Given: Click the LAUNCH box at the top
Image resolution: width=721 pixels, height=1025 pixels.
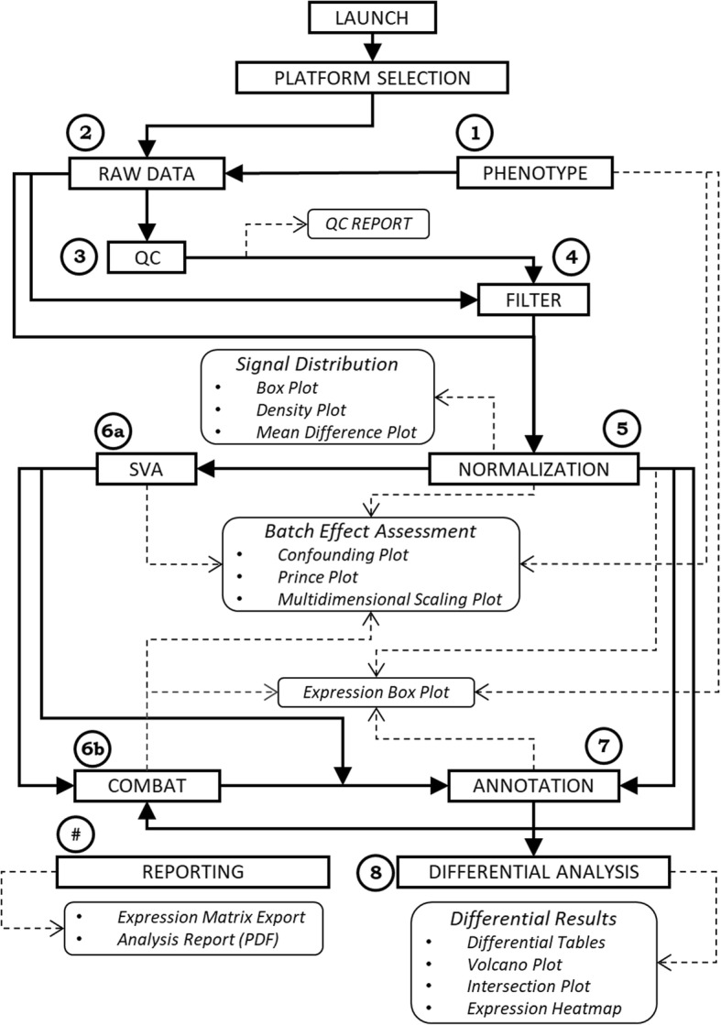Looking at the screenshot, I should coord(372,18).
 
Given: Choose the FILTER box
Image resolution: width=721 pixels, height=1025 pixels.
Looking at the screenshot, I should coord(532,299).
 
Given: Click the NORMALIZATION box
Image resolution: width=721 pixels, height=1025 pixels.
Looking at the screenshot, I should coord(532,469).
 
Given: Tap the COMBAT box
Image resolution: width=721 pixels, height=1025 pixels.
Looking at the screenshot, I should coord(147,785).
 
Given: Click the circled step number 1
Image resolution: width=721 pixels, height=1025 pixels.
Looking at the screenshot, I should coord(474,134).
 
